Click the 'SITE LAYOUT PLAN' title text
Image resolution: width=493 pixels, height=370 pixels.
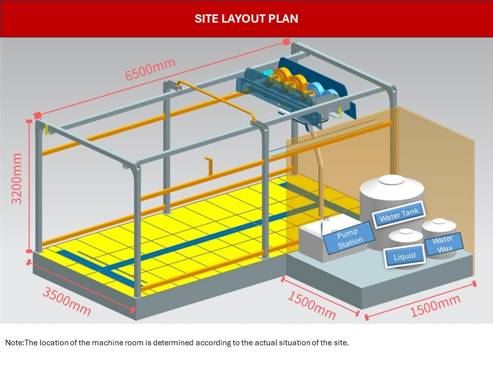(246, 19)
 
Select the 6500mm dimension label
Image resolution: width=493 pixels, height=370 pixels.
(150, 68)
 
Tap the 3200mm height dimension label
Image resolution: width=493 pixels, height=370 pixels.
(17, 178)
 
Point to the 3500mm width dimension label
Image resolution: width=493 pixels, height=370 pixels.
(67, 301)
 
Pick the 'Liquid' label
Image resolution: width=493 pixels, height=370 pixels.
(404, 256)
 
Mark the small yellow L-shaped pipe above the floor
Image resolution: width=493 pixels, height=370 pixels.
(209, 166)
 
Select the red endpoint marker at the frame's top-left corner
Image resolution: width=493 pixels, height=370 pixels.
(37, 115)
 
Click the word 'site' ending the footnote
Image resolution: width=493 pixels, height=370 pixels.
(342, 342)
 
